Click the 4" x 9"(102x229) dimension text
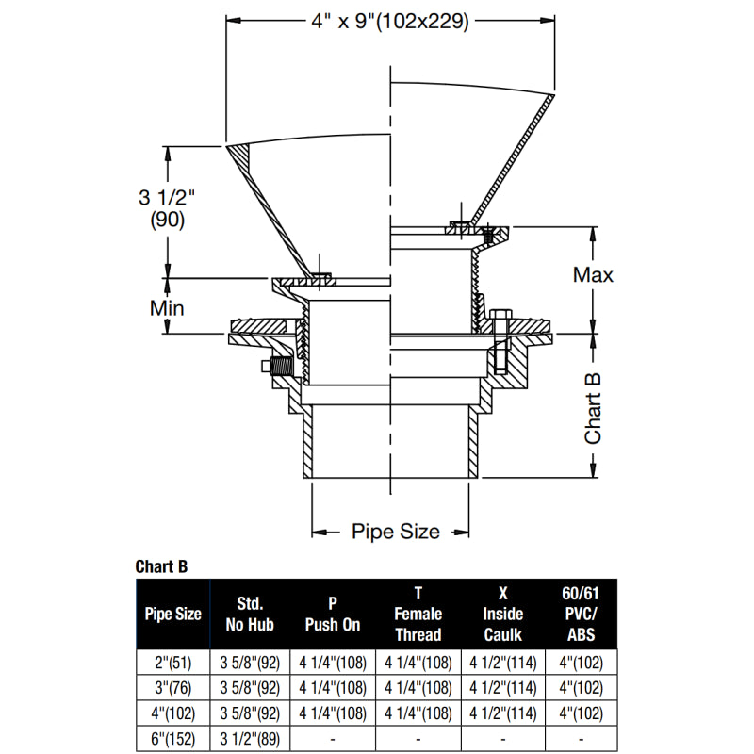point(388,21)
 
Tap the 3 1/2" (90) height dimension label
point(166,208)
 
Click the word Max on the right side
point(594,275)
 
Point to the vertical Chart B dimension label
point(594,406)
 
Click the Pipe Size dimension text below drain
point(395,532)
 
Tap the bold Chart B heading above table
point(161,566)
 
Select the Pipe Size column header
point(172,614)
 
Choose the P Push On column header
point(333,614)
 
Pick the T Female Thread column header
point(418,614)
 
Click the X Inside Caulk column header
point(502,614)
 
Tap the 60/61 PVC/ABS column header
point(581,614)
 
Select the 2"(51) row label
point(172,663)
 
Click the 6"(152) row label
point(172,739)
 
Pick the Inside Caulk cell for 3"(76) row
point(502,688)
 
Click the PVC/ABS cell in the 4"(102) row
point(581,713)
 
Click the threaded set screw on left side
point(279,367)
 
